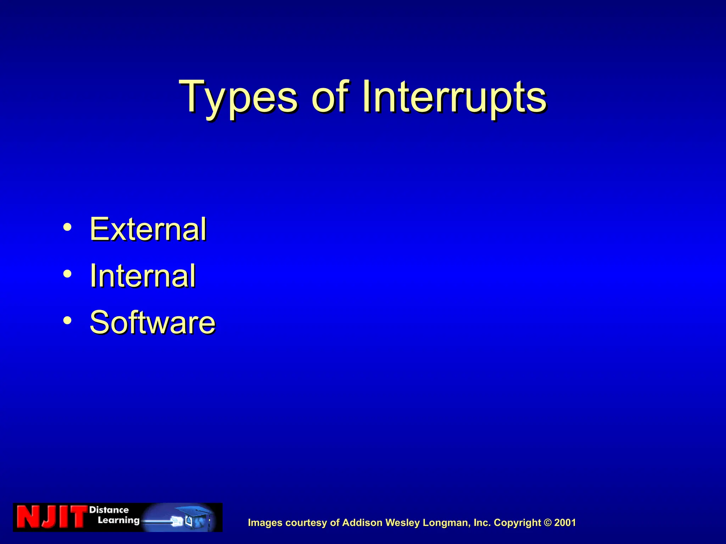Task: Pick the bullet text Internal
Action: tap(143, 276)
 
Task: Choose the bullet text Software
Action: tap(152, 322)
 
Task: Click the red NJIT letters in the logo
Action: tap(52, 517)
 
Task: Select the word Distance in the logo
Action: tap(109, 510)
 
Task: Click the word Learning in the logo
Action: tap(119, 520)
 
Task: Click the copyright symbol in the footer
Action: tap(548, 522)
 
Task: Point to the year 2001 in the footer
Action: tap(565, 523)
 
